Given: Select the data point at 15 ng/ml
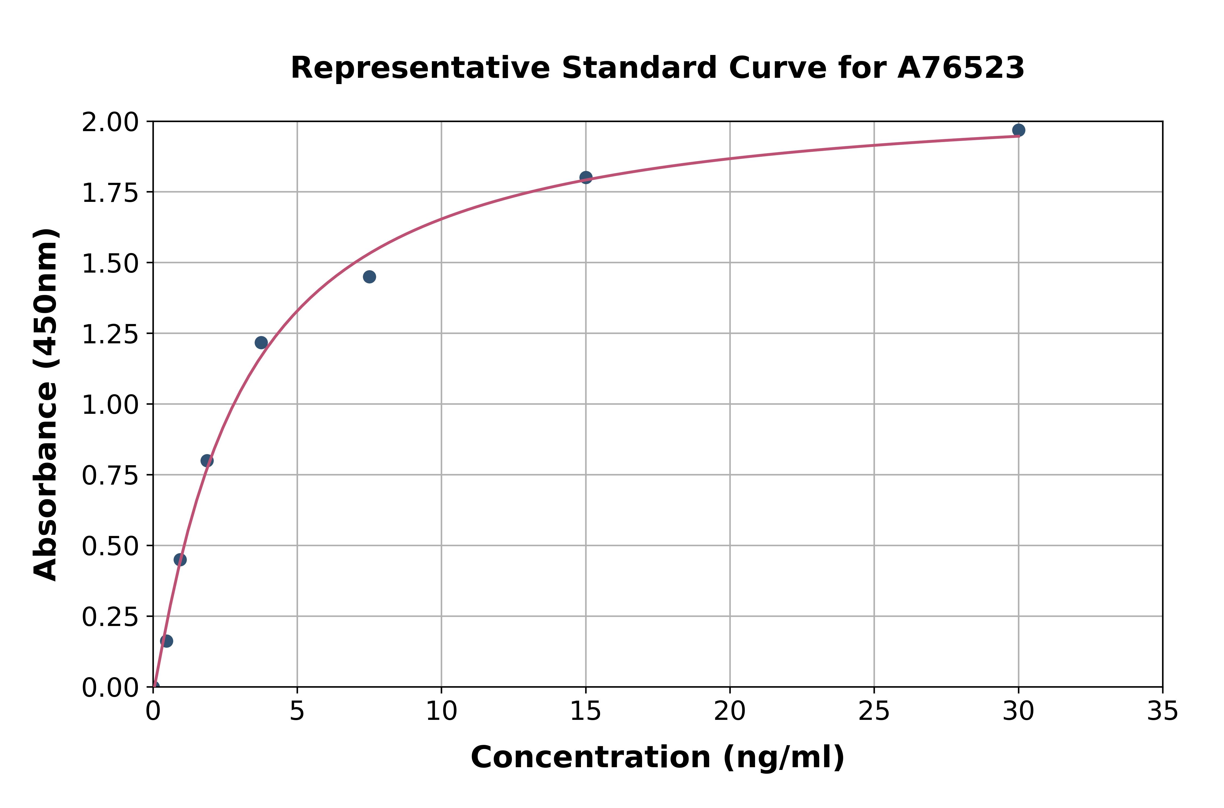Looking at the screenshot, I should pyautogui.click(x=586, y=177).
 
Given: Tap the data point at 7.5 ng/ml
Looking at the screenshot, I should pyautogui.click(x=369, y=277).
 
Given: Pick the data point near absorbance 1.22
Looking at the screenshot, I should pyautogui.click(x=261, y=343).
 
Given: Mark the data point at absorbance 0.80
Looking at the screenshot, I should pyautogui.click(x=207, y=461).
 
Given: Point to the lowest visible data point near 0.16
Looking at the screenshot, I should pyautogui.click(x=166, y=641).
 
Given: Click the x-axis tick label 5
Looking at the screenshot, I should pyautogui.click(x=297, y=712).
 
